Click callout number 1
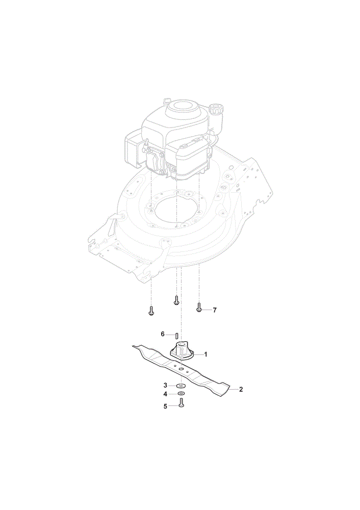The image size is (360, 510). tap(205, 354)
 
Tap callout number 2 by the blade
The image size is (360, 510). tap(241, 389)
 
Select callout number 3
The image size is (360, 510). tap(165, 386)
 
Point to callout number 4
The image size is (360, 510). tap(165, 394)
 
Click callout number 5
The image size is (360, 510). tap(165, 406)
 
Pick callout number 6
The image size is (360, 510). tap(163, 334)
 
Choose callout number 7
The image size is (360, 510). tap(215, 310)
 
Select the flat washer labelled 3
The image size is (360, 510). tap(181, 386)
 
